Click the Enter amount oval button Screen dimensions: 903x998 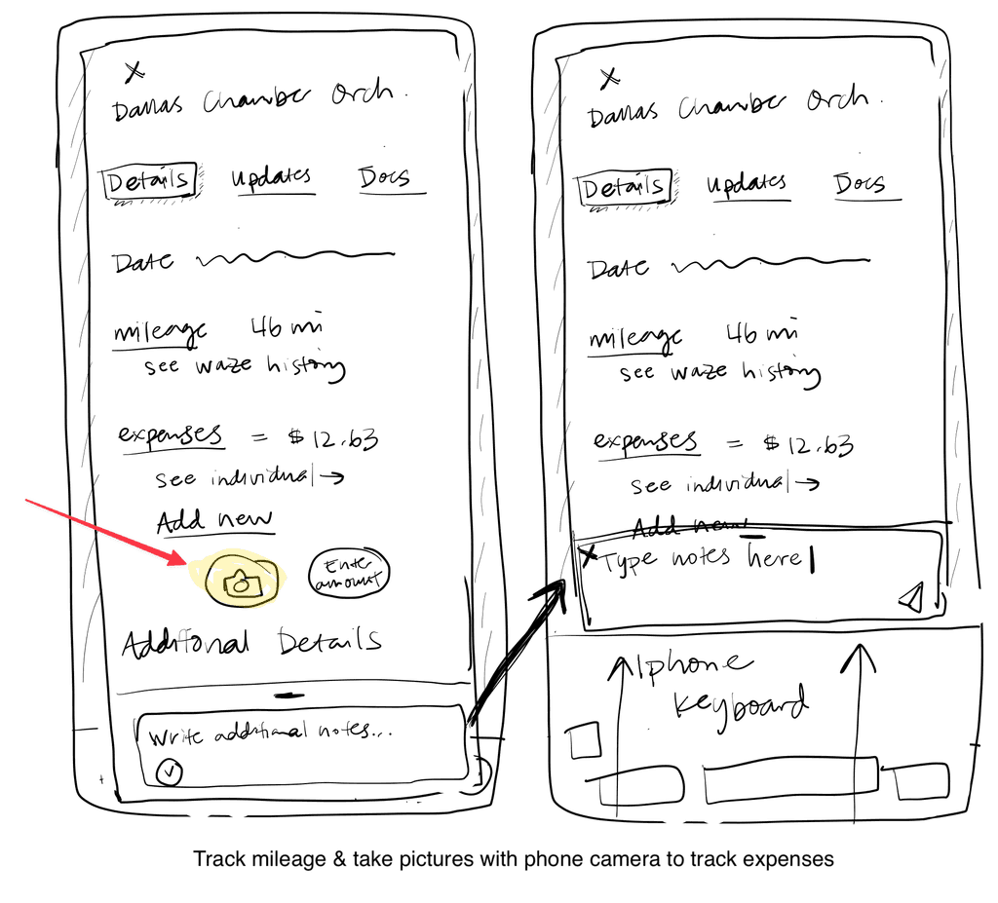[348, 573]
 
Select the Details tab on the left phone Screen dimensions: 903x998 [148, 181]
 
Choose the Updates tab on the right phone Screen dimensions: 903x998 [746, 184]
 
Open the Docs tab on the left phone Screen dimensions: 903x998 [385, 177]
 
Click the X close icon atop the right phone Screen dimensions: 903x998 [608, 77]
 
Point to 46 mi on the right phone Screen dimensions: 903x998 [761, 334]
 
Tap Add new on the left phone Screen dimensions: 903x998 [214, 521]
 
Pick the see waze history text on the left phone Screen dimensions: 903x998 [244, 367]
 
